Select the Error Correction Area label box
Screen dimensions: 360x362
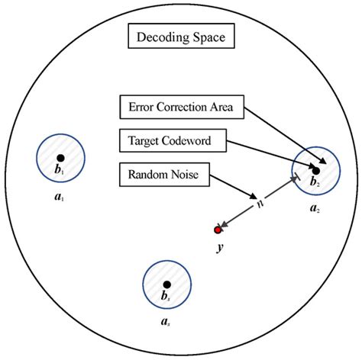[182, 108]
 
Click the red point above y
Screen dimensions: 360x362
[218, 229]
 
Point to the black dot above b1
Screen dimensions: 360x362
[60, 157]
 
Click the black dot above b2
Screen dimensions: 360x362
[315, 171]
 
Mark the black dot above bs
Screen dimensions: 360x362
[166, 284]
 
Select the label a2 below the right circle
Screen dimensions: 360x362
[315, 208]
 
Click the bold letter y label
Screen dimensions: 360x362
[219, 248]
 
